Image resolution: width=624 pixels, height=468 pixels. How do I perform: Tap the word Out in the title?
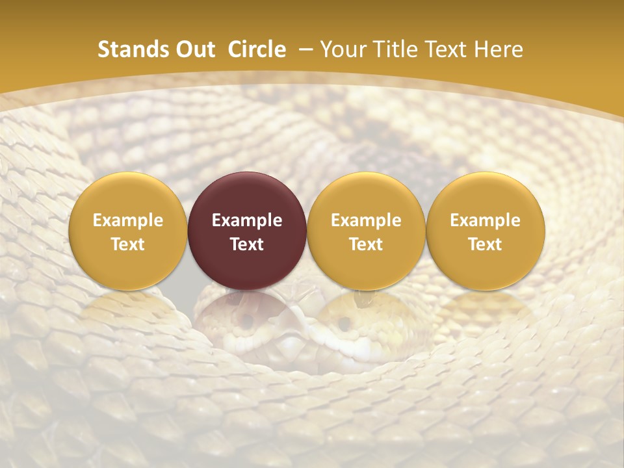point(194,49)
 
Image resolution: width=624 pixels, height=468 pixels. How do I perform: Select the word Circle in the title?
point(257,49)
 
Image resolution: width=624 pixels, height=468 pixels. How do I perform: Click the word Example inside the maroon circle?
point(247,220)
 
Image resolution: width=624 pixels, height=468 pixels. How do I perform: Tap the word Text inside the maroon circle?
point(247,244)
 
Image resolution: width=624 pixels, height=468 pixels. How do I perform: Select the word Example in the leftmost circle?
point(128,220)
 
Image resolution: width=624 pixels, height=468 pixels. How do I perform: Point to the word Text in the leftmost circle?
point(128,244)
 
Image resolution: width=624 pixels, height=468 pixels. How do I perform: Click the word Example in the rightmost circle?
point(486,220)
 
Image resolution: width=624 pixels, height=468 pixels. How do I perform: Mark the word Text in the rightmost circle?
point(486,244)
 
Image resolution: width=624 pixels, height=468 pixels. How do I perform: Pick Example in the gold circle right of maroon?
point(366,220)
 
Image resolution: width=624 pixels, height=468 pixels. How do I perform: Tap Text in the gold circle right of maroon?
point(366,244)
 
